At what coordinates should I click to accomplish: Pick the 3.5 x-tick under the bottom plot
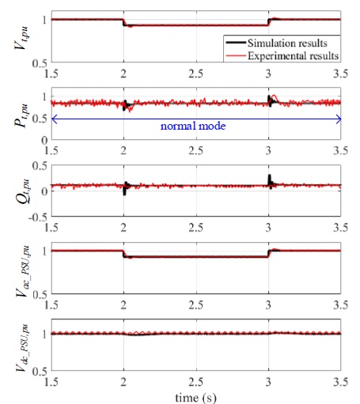pos(340,379)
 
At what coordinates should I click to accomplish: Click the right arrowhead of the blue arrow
pos(339,119)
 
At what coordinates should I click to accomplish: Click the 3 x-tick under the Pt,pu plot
pos(269,148)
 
